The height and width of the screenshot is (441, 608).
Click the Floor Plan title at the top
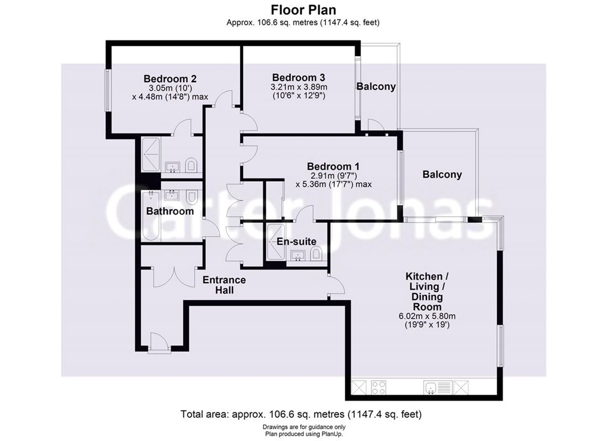[x=303, y=9]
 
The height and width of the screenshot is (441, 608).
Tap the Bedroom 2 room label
[x=170, y=78]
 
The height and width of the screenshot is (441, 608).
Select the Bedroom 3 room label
[x=298, y=77]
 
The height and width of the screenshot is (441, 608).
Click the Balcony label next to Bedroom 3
[x=376, y=87]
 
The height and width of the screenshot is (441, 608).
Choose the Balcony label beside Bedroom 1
[x=442, y=175]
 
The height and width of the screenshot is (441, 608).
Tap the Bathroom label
[x=170, y=211]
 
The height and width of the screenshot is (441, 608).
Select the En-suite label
[x=297, y=241]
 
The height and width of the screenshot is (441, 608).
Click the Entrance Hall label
[x=224, y=284]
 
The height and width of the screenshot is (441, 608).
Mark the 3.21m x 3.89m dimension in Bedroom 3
[x=299, y=87]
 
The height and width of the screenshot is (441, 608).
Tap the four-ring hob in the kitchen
[x=379, y=388]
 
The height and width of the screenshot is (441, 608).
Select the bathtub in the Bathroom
[x=150, y=216]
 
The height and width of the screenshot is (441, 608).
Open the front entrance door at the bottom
[x=159, y=342]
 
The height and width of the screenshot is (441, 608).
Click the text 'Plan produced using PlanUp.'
[x=303, y=434]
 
